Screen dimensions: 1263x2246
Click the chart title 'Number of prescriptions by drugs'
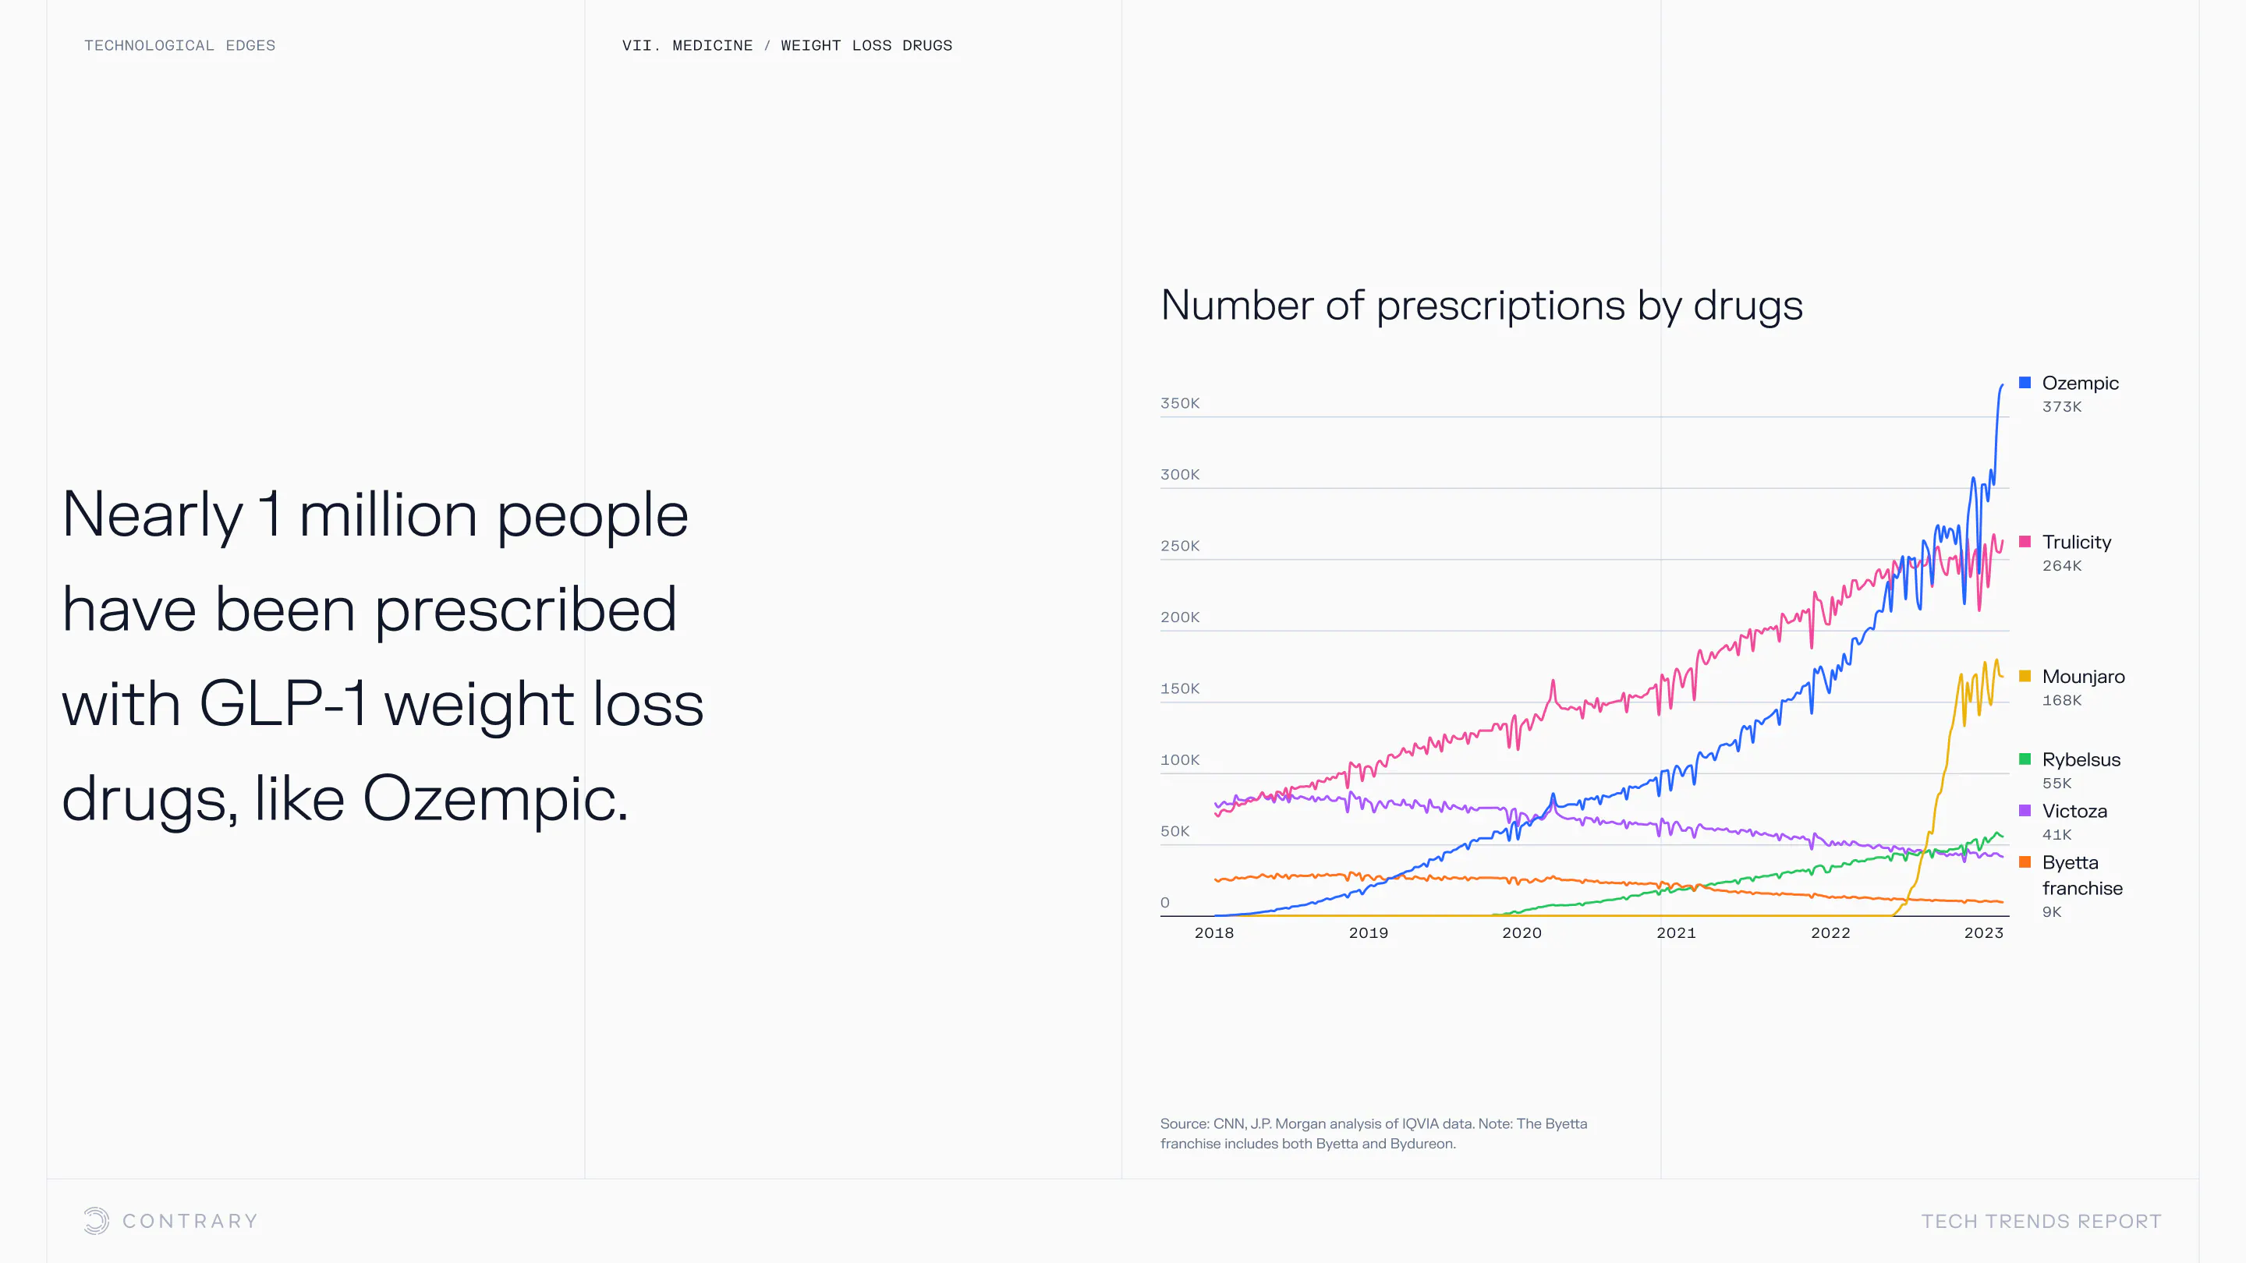(x=1480, y=306)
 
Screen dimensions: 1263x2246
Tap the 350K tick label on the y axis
(x=1180, y=404)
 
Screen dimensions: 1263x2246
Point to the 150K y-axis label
(x=1180, y=688)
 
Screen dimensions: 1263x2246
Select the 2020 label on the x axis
(x=1522, y=932)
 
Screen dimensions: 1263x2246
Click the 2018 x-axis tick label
(x=1213, y=932)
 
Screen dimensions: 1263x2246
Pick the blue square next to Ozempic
(x=2025, y=383)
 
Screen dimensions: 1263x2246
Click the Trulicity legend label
(x=2076, y=542)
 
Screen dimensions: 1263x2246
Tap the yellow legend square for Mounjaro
(x=2025, y=677)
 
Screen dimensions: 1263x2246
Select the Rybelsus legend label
(x=2081, y=759)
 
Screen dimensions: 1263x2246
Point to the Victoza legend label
(x=2074, y=811)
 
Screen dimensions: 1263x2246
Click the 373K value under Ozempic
(x=2061, y=407)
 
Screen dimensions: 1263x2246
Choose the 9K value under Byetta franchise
(x=2052, y=911)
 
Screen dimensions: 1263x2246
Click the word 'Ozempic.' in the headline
(x=494, y=798)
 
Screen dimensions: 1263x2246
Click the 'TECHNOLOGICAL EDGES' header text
(x=179, y=45)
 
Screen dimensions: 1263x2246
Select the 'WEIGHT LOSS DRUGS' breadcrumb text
(x=866, y=45)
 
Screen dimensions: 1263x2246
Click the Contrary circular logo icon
(x=96, y=1220)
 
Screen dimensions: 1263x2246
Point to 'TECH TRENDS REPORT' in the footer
(x=2041, y=1221)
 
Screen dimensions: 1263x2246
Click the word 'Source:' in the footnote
(x=1184, y=1123)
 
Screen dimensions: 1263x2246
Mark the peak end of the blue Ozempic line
(x=2002, y=385)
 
